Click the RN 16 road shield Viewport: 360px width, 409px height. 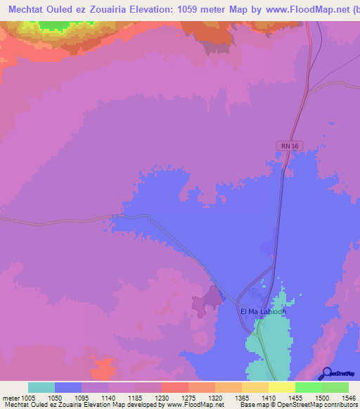(x=284, y=145)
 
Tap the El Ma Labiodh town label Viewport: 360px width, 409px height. (x=263, y=312)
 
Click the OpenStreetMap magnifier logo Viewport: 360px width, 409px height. (x=326, y=373)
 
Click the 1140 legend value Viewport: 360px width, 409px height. (x=108, y=397)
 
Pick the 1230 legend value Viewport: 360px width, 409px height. (x=162, y=397)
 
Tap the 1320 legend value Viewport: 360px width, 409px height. (x=215, y=397)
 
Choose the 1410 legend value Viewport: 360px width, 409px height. (x=269, y=397)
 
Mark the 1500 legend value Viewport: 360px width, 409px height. (x=321, y=397)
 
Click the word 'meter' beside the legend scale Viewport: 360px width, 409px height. (x=10, y=397)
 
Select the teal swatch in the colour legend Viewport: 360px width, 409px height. (x=41, y=387)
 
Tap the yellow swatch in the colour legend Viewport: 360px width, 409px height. (x=282, y=387)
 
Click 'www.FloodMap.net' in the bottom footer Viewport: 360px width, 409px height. (x=193, y=405)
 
